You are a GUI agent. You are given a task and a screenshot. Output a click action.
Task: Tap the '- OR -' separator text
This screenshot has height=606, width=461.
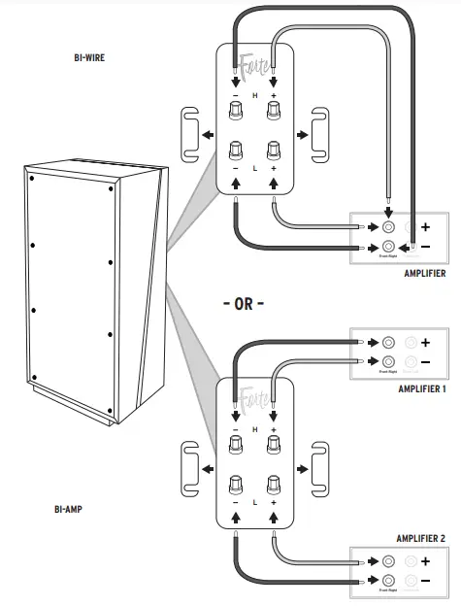point(243,303)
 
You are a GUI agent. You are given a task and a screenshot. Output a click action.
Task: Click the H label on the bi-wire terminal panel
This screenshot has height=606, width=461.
point(255,96)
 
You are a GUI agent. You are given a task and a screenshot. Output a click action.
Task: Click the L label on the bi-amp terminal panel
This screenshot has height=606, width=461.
point(255,503)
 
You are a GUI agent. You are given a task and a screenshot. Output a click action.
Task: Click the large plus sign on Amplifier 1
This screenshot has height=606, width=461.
point(426,343)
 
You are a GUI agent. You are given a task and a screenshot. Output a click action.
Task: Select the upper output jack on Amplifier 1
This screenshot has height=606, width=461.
point(388,343)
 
